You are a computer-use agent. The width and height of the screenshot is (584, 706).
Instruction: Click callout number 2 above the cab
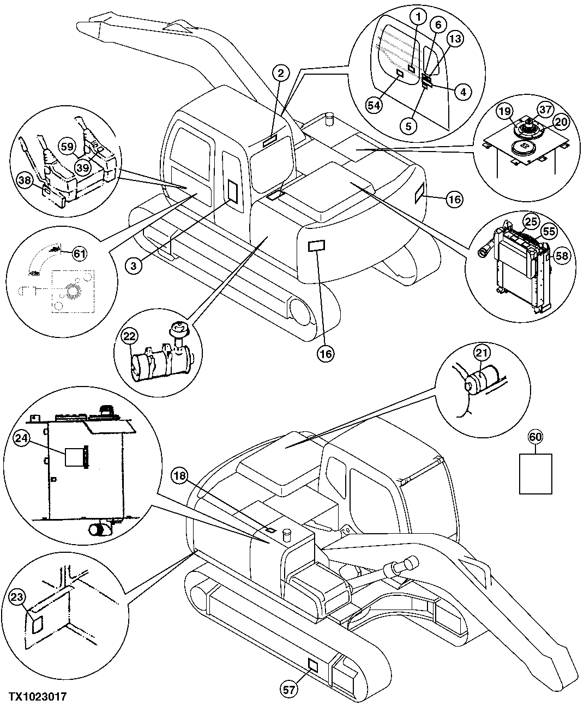point(279,73)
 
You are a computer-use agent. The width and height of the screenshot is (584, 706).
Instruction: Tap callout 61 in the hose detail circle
point(80,253)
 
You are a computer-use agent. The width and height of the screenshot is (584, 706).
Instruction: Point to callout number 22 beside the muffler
point(128,336)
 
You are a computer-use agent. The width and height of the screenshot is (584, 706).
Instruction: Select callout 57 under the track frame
point(289,689)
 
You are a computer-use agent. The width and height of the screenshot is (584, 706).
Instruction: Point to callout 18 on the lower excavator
point(180,476)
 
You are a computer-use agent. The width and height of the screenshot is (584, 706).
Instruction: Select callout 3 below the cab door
point(133,265)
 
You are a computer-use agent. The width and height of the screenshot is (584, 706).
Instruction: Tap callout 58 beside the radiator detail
point(562,254)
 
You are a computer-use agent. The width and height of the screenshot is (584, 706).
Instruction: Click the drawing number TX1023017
point(38,697)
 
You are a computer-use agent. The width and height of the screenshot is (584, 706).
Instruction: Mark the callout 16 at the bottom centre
point(326,354)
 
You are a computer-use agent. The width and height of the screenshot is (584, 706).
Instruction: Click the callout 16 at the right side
point(454,200)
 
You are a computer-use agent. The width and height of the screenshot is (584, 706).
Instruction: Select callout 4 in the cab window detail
point(462,92)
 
